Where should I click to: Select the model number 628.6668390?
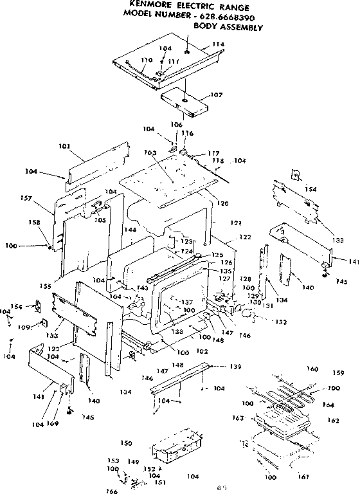point(231,16)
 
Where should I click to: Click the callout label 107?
point(216,95)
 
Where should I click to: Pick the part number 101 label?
point(64,147)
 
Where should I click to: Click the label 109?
point(24,327)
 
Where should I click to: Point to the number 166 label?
point(113,491)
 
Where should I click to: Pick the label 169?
point(54,425)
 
